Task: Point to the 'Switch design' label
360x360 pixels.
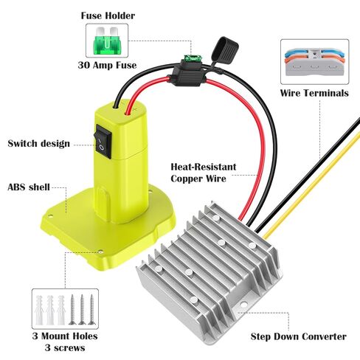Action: tap(38, 143)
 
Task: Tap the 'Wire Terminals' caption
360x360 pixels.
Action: tap(314, 94)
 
